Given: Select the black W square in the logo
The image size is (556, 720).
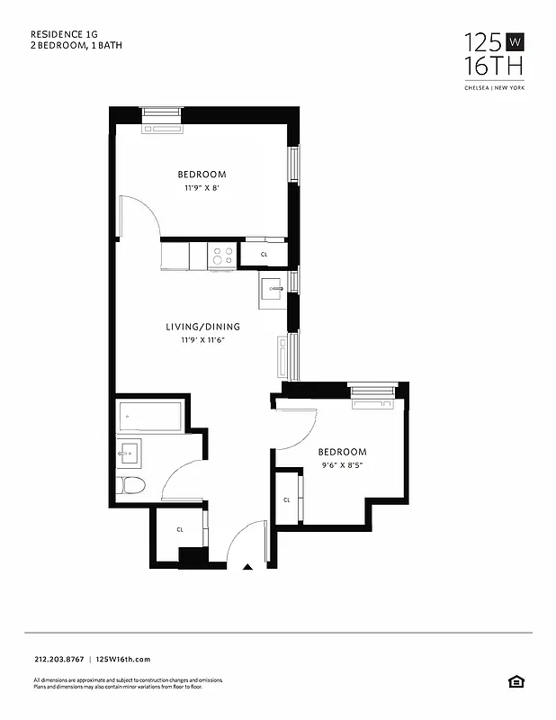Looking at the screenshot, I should tap(514, 41).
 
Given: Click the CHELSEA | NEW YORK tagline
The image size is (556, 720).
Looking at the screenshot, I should tap(493, 87).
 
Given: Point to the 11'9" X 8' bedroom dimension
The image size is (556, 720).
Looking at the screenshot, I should tap(202, 188).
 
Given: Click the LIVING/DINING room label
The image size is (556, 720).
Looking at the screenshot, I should tap(202, 327).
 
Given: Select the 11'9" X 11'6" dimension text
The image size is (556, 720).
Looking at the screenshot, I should tap(202, 340).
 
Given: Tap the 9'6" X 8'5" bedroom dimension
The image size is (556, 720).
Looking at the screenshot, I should tap(342, 465).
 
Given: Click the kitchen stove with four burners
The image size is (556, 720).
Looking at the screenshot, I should tap(222, 256).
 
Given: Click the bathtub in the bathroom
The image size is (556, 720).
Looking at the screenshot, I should tap(150, 417).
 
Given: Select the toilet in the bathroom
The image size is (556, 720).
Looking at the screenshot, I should tap(132, 487).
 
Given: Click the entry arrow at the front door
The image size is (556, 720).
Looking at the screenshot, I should tap(249, 567).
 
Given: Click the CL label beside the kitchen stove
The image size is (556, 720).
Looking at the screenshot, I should tap(264, 256).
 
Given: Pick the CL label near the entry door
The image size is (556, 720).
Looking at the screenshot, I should tap(180, 530).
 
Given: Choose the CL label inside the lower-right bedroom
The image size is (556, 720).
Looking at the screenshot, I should tap(287, 499).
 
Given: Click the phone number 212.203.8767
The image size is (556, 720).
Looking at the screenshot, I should tap(58, 659).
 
